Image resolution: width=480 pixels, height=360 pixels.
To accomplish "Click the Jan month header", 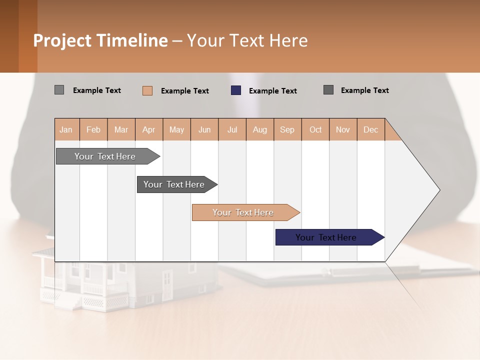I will [x=66, y=129].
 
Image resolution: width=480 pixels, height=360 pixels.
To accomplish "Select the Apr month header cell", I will [x=149, y=129].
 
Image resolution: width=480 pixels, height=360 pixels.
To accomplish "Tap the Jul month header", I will [x=232, y=129].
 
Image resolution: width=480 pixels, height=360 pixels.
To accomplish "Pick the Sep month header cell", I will [x=287, y=129].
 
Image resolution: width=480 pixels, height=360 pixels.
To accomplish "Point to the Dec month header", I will [x=370, y=129].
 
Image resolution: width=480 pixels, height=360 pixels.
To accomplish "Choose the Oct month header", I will [x=315, y=129].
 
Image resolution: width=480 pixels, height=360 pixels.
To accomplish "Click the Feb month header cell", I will [x=93, y=129].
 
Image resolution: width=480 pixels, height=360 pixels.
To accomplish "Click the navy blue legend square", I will [x=236, y=90].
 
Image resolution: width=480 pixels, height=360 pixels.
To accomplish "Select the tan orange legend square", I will [x=147, y=90].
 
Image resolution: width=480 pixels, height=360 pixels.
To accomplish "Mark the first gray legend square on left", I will [x=59, y=90].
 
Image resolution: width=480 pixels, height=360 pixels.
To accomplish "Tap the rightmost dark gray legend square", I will [x=328, y=90].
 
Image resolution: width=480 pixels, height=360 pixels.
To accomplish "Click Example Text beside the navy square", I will [x=272, y=91].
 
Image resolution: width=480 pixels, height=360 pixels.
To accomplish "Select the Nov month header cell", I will [x=343, y=129].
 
